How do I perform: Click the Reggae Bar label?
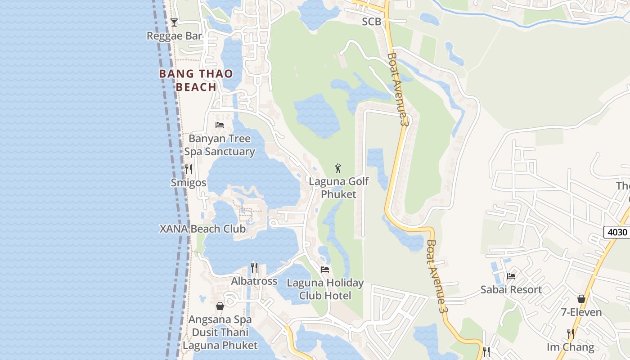coord(174,36)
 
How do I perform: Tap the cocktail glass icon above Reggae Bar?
coord(174,22)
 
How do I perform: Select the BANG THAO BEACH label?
coord(196,80)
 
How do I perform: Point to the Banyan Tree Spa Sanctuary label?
coord(220,145)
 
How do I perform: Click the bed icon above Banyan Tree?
coord(220,125)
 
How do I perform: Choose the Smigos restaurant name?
coord(189,182)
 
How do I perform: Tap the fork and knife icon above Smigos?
coord(189,169)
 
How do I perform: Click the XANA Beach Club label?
coord(203,229)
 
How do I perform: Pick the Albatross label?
coord(254,281)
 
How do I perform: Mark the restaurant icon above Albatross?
coord(254,268)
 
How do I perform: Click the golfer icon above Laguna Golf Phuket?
coord(338,168)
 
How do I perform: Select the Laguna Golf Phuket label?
coord(338,188)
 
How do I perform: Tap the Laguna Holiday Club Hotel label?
coord(325,289)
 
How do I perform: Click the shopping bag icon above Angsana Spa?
coord(220,306)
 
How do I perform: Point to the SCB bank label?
coord(372,22)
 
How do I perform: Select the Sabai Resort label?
coord(511,289)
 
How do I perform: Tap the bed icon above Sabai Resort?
coord(511,276)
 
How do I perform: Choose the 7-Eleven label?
coord(581,312)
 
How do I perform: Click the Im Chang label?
coord(571,347)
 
